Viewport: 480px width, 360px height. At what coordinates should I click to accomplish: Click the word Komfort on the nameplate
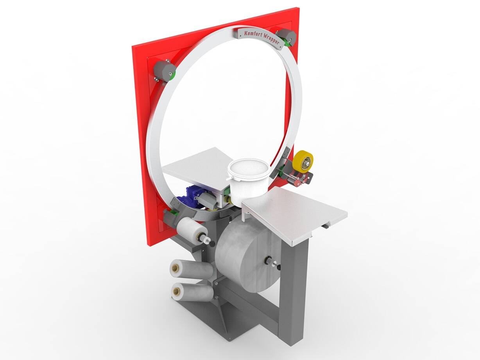pyautogui.click(x=251, y=34)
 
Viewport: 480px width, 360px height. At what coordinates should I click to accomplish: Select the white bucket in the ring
pyautogui.click(x=249, y=177)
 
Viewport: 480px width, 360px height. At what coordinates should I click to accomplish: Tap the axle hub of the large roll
pyautogui.click(x=268, y=260)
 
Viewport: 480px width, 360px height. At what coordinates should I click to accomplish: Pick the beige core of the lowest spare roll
pyautogui.click(x=176, y=291)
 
